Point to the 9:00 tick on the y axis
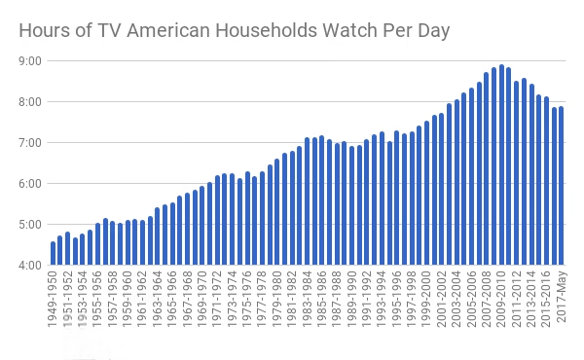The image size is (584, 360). pyautogui.click(x=29, y=61)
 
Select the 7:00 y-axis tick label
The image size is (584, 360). pyautogui.click(x=29, y=143)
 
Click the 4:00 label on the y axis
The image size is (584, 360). pyautogui.click(x=29, y=265)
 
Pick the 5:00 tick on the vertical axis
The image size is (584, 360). pyautogui.click(x=29, y=224)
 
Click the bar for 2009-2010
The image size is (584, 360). pyautogui.click(x=501, y=165)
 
